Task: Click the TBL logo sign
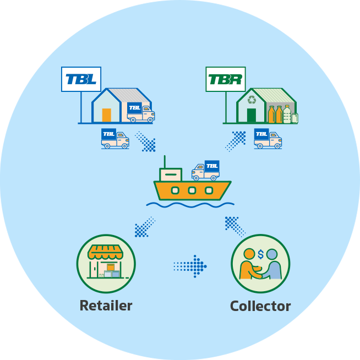(x=80, y=79)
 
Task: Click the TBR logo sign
(x=226, y=79)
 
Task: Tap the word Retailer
(x=106, y=306)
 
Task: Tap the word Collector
(x=260, y=306)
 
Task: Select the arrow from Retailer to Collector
(x=190, y=266)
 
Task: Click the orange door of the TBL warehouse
(x=107, y=115)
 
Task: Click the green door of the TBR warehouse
(x=252, y=115)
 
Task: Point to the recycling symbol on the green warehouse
(x=252, y=100)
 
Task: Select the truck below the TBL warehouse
(x=115, y=139)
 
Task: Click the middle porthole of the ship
(x=192, y=190)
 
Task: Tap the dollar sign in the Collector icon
(x=260, y=254)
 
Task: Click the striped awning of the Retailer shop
(x=106, y=253)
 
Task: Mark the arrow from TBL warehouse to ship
(x=145, y=141)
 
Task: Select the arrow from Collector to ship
(x=235, y=226)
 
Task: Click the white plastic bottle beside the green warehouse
(x=287, y=114)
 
